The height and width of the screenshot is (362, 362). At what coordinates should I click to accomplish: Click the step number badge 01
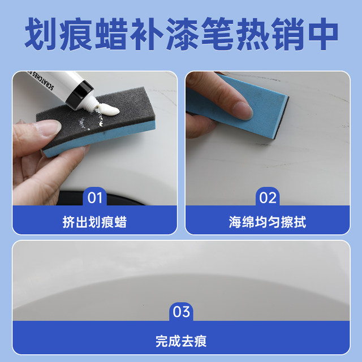tap(95, 197)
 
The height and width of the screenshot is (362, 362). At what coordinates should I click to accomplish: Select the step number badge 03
tap(181, 312)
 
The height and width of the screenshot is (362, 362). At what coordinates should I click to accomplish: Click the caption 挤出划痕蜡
tap(94, 222)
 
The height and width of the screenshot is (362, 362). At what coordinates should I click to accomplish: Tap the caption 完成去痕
tap(181, 342)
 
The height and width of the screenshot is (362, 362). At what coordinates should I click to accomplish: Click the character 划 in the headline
tap(42, 35)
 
